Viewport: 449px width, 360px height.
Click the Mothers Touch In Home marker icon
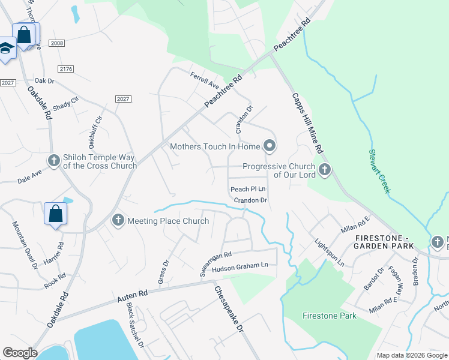click(x=270, y=146)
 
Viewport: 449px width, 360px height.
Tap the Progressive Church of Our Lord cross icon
click(x=325, y=170)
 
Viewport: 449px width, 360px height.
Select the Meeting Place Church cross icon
click(x=118, y=221)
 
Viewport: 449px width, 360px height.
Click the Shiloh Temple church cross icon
click(x=53, y=161)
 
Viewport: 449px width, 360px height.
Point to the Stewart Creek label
click(x=381, y=171)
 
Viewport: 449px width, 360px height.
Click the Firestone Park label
click(x=329, y=316)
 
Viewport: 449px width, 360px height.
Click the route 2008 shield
click(x=58, y=43)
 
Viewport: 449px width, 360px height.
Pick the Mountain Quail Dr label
click(x=20, y=244)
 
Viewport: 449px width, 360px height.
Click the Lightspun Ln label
click(x=330, y=253)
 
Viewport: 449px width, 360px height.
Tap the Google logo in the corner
click(x=20, y=353)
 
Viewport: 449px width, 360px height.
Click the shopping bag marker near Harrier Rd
click(x=55, y=214)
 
